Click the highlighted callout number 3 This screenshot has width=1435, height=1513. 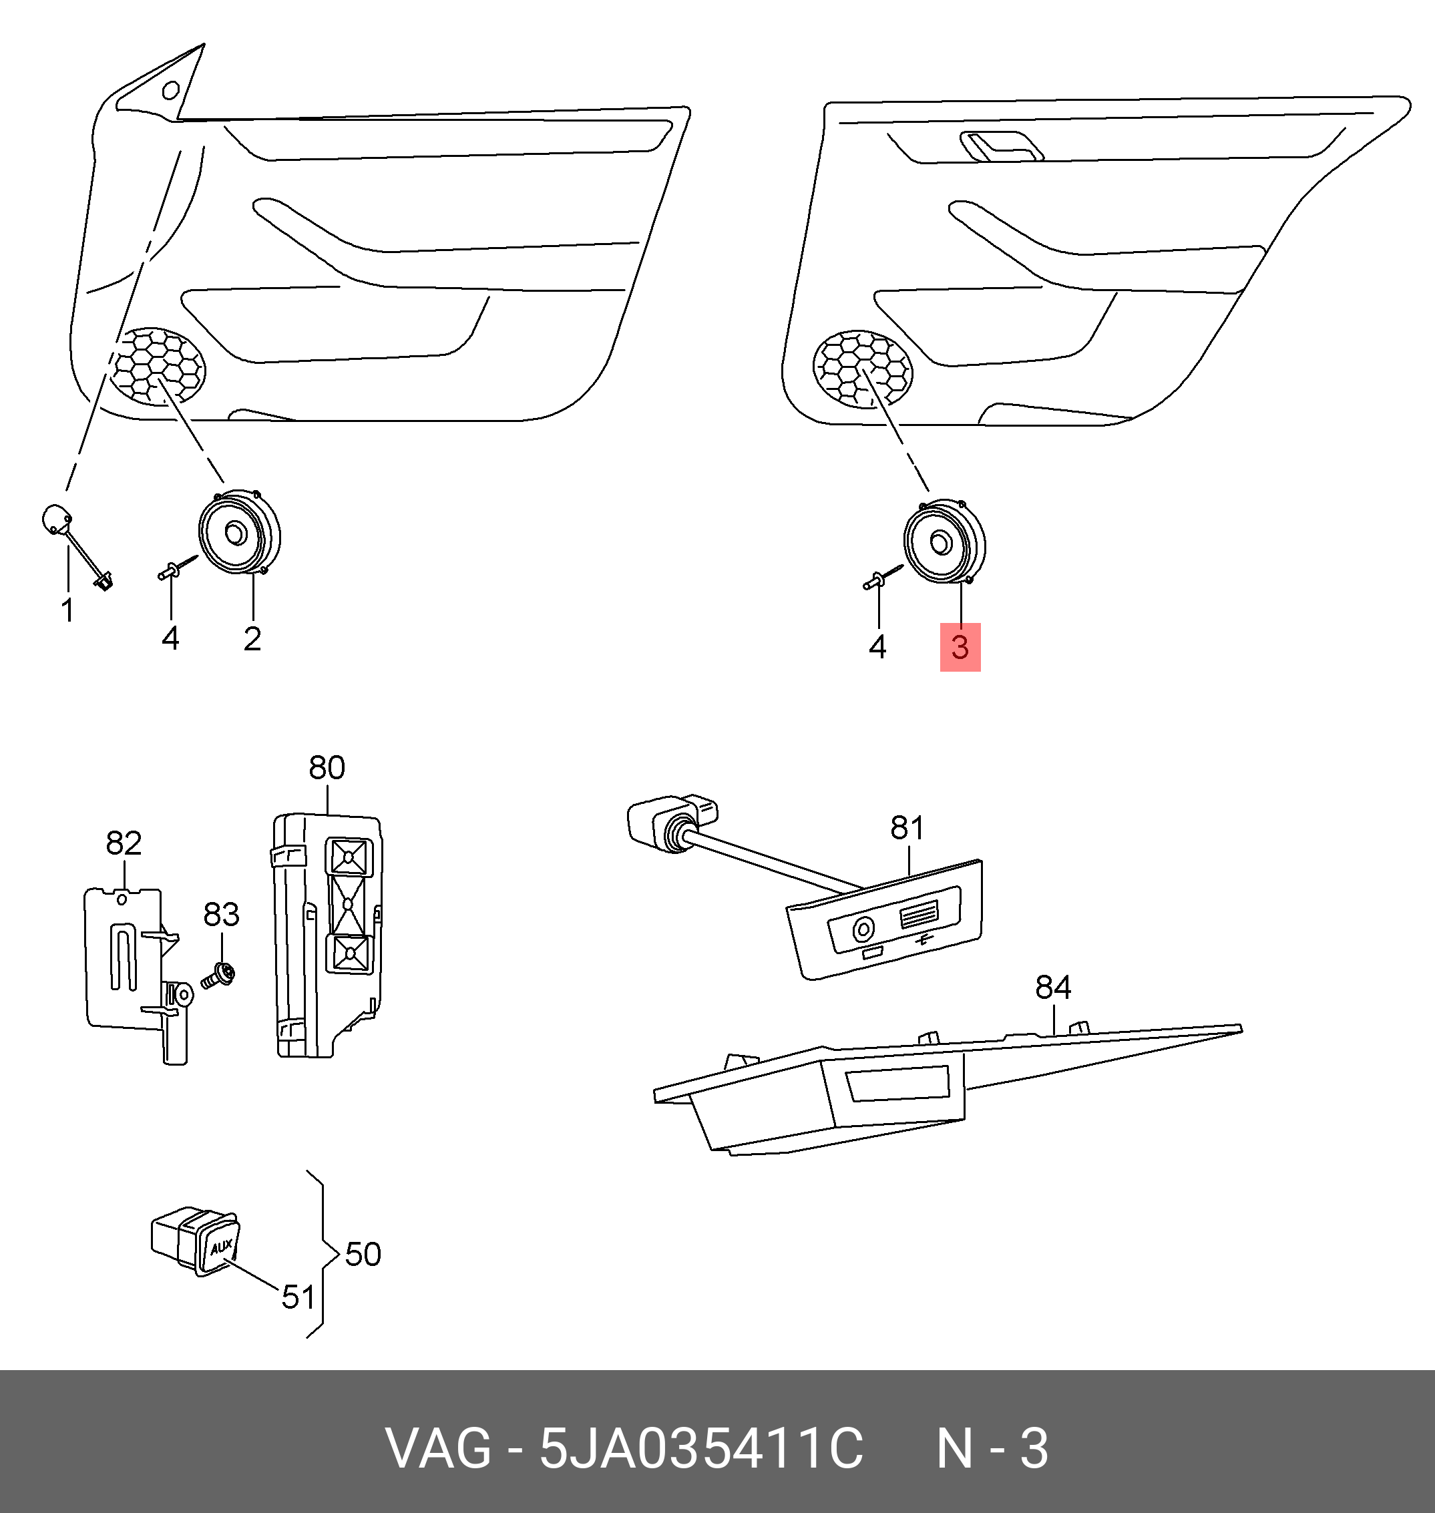(x=960, y=647)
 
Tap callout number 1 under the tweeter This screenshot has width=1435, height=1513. (x=67, y=610)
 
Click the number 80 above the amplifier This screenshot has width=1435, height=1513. (x=327, y=767)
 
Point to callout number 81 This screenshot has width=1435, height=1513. (x=907, y=828)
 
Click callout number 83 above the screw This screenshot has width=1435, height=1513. (x=221, y=914)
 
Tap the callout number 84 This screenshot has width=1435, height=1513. (x=1052, y=988)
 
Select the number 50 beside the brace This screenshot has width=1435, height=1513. (x=363, y=1255)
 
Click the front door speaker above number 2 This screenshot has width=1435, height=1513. (x=238, y=531)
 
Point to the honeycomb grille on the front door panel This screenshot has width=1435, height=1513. (x=159, y=367)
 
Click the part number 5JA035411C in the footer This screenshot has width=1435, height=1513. (x=700, y=1448)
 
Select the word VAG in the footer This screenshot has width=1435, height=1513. (x=437, y=1448)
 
